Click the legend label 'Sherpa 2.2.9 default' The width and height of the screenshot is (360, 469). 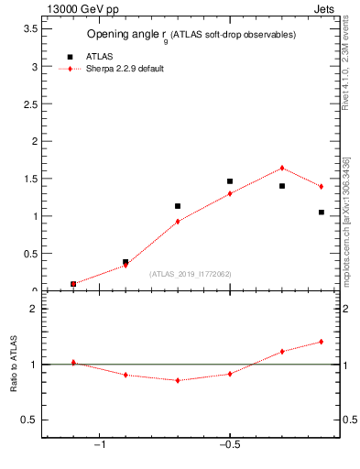pos(125,69)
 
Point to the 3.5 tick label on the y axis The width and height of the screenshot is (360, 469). pos(31,28)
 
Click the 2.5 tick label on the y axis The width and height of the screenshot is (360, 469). pos(31,104)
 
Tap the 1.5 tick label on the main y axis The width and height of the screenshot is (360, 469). pos(31,179)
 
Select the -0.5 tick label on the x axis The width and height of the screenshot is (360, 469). pos(228,445)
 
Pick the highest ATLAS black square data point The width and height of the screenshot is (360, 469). pos(230,181)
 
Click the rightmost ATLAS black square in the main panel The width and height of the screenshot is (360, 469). pos(321,212)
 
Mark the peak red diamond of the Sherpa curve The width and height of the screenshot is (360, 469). pos(282,168)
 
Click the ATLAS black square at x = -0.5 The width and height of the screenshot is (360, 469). pos(230,181)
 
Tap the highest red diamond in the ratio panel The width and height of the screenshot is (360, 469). pos(321,342)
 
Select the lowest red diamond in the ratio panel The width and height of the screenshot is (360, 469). pos(178,380)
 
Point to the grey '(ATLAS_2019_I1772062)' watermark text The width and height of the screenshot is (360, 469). pos(191,273)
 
